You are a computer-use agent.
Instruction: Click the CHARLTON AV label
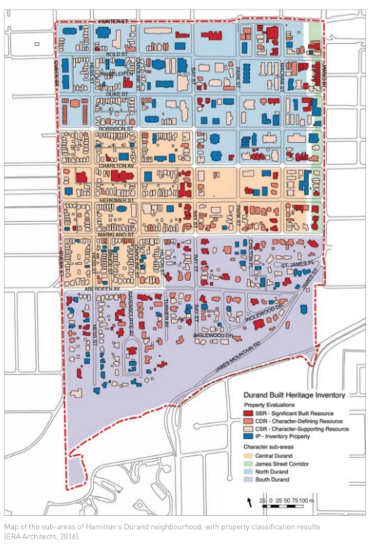pyautogui.click(x=117, y=165)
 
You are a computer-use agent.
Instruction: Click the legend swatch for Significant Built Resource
pyautogui.click(x=248, y=414)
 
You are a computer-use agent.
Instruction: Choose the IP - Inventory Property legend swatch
pyautogui.click(x=248, y=435)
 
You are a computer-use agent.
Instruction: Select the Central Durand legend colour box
pyautogui.click(x=248, y=456)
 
